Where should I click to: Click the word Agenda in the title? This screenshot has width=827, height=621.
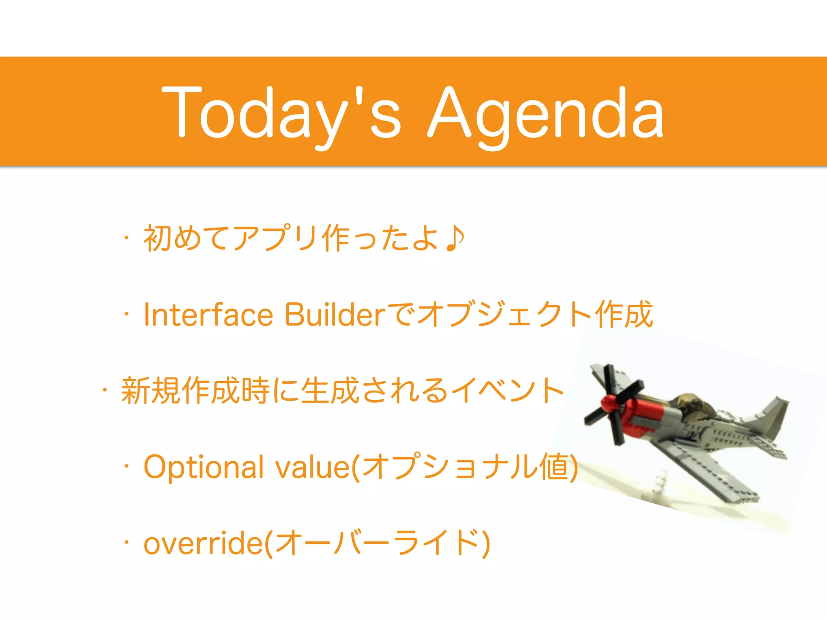pos(545,113)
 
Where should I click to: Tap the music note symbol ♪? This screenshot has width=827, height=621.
pos(454,239)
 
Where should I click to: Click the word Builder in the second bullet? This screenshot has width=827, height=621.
pos(335,315)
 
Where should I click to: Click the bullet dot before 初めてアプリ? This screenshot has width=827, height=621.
pos(127,238)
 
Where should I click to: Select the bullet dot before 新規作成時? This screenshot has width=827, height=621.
pos(105,390)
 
